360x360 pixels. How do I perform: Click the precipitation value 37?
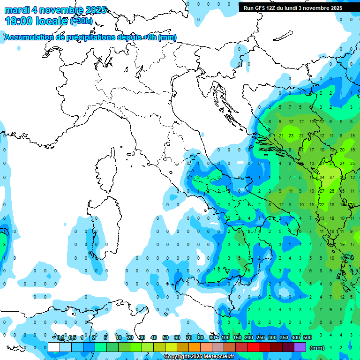[x=332, y=177]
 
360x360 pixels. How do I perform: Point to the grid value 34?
[x=322, y=177]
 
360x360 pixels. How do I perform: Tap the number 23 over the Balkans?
[x=291, y=136]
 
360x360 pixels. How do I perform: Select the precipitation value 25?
[x=352, y=163]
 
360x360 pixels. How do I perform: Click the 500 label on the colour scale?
[x=307, y=337]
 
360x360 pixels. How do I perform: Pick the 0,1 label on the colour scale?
[x=60, y=337]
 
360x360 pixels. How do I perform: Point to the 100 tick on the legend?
[x=225, y=337]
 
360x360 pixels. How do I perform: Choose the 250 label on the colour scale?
[x=261, y=337]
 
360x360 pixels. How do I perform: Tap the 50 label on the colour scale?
[x=165, y=337]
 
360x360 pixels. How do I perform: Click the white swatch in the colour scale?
[x=53, y=347]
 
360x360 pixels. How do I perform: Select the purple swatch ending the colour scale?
[x=300, y=347]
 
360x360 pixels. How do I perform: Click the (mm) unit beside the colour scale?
[x=317, y=348]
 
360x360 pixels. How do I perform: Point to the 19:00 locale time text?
[x=36, y=21]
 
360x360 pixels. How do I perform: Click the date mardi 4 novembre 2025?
[x=55, y=10]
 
